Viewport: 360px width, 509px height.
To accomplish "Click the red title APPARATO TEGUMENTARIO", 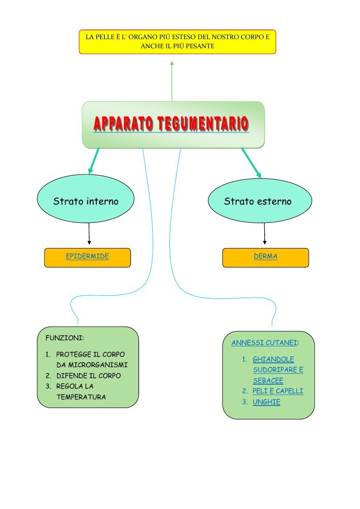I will pos(171,124).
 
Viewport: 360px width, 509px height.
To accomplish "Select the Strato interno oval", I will pos(86,201).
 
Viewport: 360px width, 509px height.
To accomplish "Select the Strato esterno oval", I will pos(260,201).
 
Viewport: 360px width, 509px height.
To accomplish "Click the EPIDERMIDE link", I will pos(87,256).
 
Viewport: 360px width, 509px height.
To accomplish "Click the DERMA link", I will pos(266,256).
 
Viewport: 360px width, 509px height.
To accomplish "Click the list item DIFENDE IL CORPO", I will pos(88,375).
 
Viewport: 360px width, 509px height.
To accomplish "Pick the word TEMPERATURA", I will pos(81,397).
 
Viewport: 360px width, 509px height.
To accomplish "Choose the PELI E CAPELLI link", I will pos(278,391).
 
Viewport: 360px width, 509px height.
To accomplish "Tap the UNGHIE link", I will pos(266,402).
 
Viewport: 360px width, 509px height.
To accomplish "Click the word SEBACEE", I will pos(268,381).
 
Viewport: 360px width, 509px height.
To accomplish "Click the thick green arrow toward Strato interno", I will pos(94,161).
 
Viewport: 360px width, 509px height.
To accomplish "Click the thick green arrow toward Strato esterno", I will pos(251,163).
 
